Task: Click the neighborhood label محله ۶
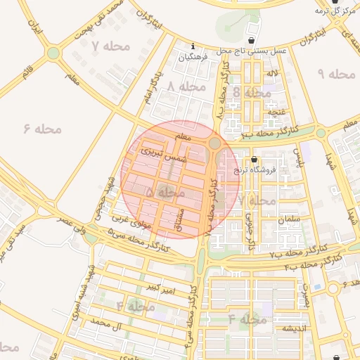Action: pyautogui.click(x=43, y=129)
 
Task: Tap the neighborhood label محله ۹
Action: pyautogui.click(x=336, y=74)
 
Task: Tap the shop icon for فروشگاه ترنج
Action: pyautogui.click(x=253, y=160)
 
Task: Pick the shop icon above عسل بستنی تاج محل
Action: pyautogui.click(x=252, y=39)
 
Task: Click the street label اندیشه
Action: pyautogui.click(x=297, y=328)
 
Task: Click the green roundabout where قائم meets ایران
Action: pyautogui.click(x=53, y=53)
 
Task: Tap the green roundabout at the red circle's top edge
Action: pyautogui.click(x=214, y=143)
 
